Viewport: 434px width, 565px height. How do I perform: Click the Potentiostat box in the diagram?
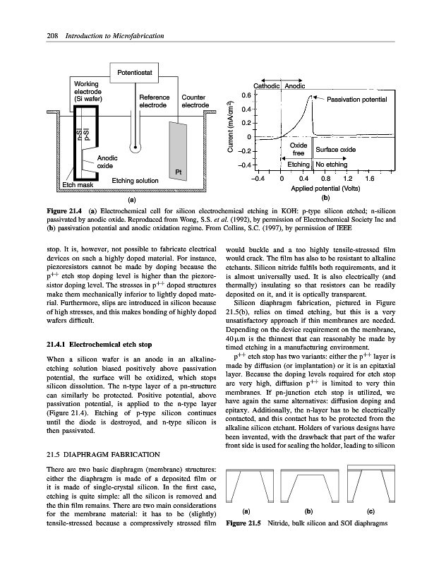coord(136,71)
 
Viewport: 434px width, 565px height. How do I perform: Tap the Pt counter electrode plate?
coord(175,149)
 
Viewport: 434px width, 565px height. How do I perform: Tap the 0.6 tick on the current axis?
coord(244,95)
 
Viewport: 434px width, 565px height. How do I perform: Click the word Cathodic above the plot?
coord(267,85)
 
